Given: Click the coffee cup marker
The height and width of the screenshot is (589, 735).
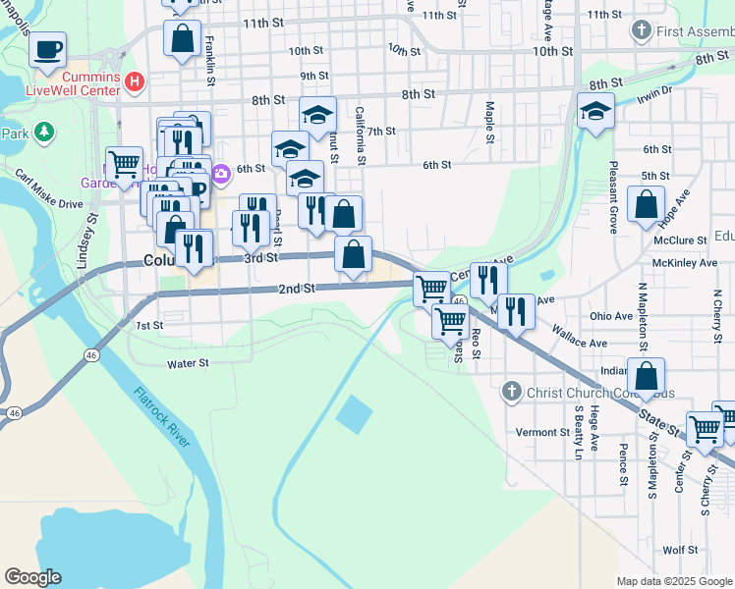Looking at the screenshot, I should pyautogui.click(x=47, y=49).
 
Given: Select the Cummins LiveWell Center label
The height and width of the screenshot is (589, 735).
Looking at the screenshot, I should pyautogui.click(x=91, y=83).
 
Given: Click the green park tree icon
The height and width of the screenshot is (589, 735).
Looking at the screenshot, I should pyautogui.click(x=42, y=132).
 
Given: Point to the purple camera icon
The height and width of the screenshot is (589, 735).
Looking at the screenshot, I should pyautogui.click(x=221, y=174).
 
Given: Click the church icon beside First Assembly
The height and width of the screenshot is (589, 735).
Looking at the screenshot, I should pyautogui.click(x=643, y=31).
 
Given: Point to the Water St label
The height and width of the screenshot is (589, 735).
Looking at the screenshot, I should pyautogui.click(x=189, y=363).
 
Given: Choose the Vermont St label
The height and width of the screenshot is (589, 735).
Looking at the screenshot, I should pyautogui.click(x=542, y=432).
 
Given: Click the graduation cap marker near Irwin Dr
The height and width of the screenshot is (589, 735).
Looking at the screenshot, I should pyautogui.click(x=595, y=112).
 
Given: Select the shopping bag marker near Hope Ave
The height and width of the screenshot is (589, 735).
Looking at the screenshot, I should pyautogui.click(x=646, y=206).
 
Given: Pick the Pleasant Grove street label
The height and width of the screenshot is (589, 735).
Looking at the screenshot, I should pyautogui.click(x=612, y=197).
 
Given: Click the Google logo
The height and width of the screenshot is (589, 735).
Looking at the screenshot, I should pyautogui.click(x=32, y=577).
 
